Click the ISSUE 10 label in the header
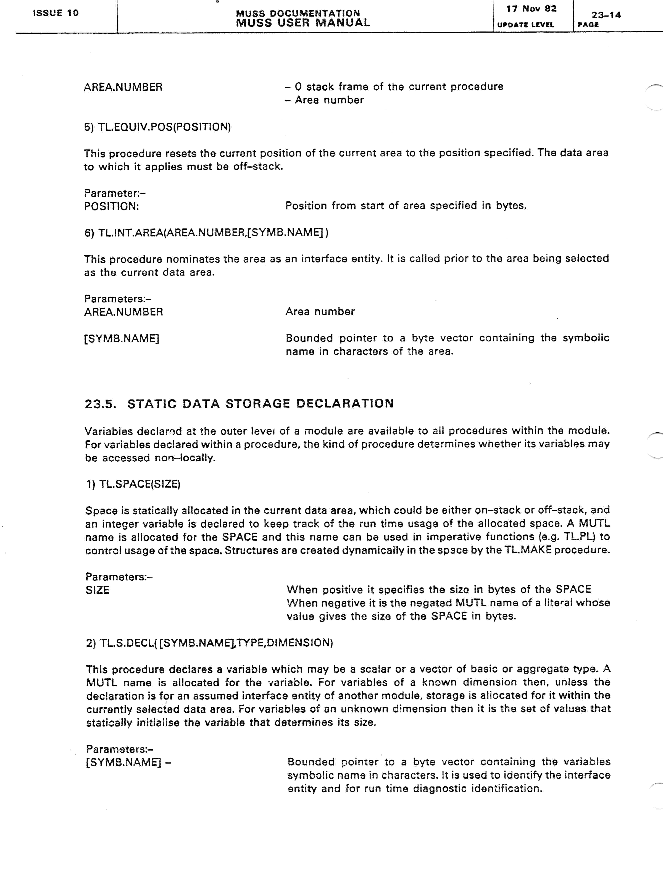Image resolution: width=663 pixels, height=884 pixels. click(x=56, y=13)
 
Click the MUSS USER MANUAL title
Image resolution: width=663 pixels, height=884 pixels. click(x=303, y=23)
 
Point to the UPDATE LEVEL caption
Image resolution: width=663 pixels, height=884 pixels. click(x=525, y=25)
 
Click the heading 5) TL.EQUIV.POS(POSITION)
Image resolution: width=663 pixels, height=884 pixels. click(x=157, y=127)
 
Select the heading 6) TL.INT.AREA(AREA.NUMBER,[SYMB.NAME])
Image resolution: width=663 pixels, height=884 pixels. click(x=206, y=232)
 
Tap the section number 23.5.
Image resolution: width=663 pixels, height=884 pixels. click(x=100, y=404)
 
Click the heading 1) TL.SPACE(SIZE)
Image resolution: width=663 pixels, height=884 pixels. click(x=133, y=484)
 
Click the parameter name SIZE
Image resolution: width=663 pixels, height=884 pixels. click(x=97, y=590)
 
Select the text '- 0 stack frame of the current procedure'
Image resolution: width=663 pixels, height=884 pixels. click(x=394, y=87)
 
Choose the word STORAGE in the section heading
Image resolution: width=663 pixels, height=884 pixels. click(x=258, y=404)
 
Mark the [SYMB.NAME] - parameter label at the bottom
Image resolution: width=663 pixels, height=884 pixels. click(x=128, y=762)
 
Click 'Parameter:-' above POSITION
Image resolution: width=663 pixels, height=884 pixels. click(x=115, y=193)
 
